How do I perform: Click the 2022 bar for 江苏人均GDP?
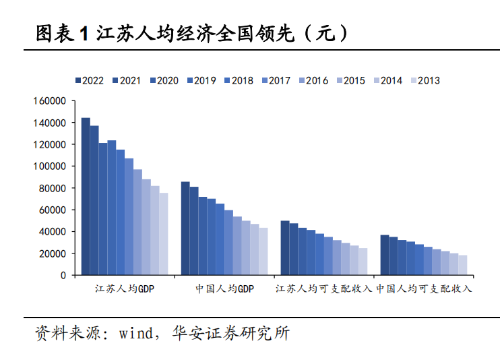tap(86, 196)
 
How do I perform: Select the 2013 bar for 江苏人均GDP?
tap(164, 234)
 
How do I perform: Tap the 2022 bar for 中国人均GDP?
tap(185, 228)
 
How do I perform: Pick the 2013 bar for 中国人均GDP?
tap(263, 251)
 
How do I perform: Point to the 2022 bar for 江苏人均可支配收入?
tap(285, 247)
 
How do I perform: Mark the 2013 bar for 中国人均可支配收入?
tap(463, 265)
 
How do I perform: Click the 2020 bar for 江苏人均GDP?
tap(103, 209)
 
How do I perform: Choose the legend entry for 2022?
tap(90, 80)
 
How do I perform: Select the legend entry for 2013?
tap(426, 80)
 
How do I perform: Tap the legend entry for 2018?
tap(239, 80)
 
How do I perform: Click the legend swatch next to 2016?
tap(302, 80)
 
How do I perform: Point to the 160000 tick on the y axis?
tap(49, 101)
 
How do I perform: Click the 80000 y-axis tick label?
tap(53, 188)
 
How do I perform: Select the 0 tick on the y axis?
tap(63, 275)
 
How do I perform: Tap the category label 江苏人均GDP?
tap(125, 289)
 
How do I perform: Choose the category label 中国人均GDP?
tap(225, 289)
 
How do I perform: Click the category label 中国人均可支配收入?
tap(424, 289)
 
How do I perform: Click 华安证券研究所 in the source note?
tap(231, 333)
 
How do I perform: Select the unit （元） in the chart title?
tap(325, 33)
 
